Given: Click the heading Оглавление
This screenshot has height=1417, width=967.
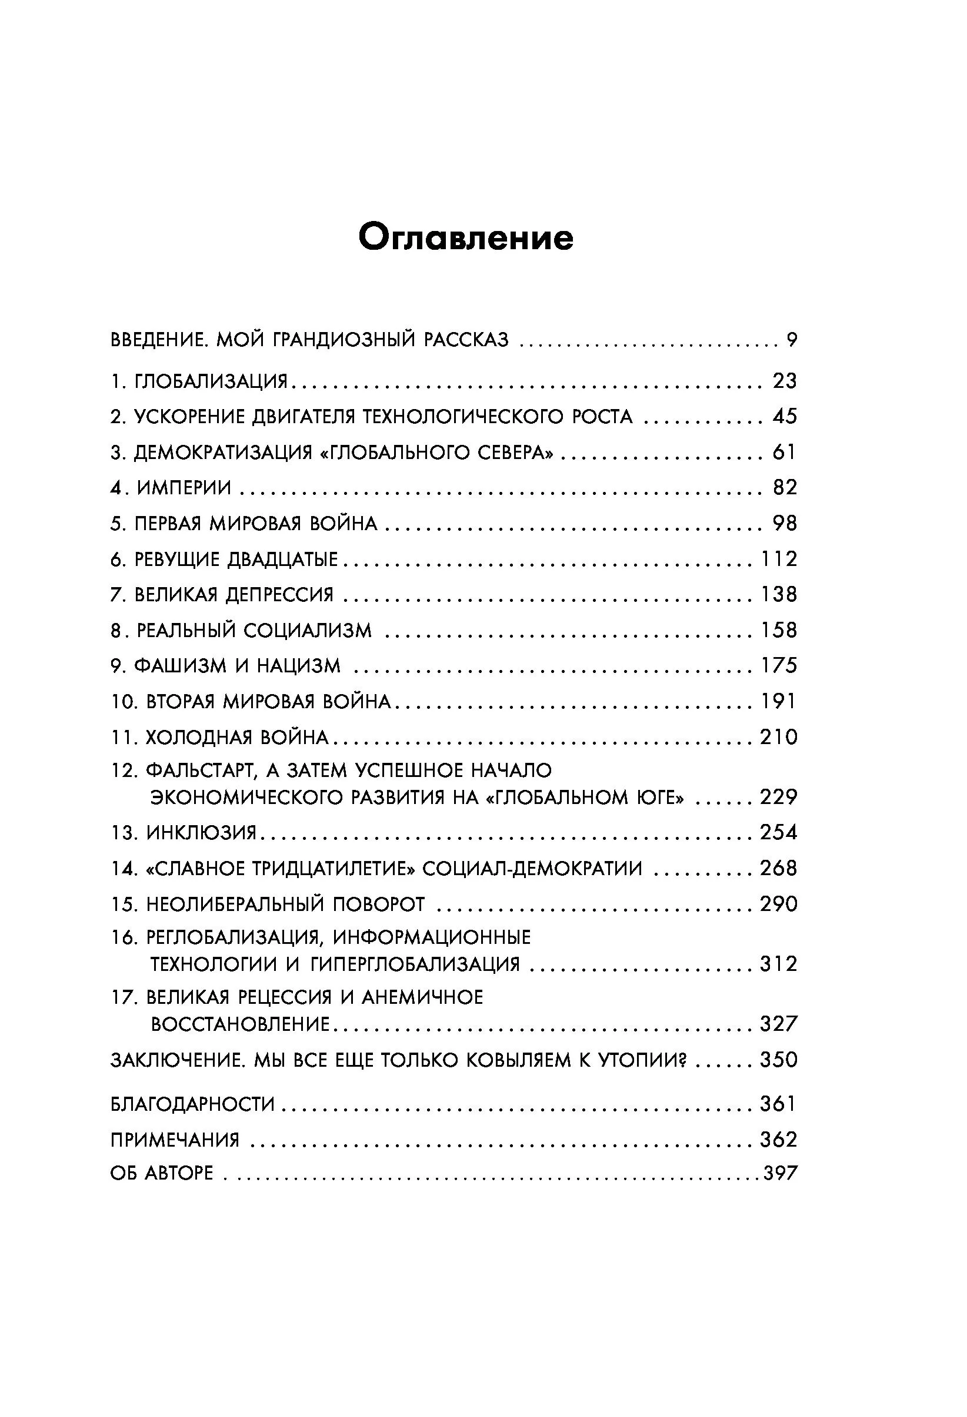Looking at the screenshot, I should click(x=465, y=237).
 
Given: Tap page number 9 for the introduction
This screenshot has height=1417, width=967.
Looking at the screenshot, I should click(x=791, y=340).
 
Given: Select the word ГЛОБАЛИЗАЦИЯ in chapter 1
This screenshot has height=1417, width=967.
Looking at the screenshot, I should click(x=211, y=381).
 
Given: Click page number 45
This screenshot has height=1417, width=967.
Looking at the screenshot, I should click(x=785, y=417).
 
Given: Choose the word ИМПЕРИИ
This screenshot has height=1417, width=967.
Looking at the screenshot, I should click(x=184, y=488).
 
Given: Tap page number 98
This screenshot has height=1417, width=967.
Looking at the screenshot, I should click(x=785, y=523).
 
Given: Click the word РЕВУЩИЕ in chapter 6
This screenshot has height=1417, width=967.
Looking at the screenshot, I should click(x=176, y=559).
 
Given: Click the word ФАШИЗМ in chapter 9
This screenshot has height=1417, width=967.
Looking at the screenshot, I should click(x=180, y=665).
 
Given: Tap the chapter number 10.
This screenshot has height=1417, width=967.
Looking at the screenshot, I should click(x=124, y=702).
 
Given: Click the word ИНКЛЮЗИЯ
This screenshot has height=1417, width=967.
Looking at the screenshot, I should click(x=201, y=832).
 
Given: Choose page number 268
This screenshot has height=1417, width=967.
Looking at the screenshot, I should click(x=778, y=868).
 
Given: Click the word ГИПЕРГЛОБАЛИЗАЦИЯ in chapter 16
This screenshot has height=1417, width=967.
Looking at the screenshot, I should click(x=415, y=964).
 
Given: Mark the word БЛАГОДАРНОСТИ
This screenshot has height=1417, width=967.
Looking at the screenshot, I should click(x=193, y=1104).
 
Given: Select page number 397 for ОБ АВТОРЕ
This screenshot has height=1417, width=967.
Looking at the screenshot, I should click(x=781, y=1173).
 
